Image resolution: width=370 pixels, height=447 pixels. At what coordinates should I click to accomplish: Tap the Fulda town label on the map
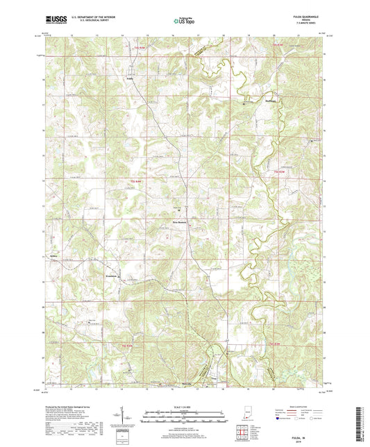point(130,78)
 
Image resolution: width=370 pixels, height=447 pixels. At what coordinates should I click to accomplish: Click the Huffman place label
point(249,99)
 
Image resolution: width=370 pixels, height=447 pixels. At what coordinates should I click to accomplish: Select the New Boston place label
point(180,222)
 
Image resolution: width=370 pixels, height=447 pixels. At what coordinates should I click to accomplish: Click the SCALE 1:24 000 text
point(184,405)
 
